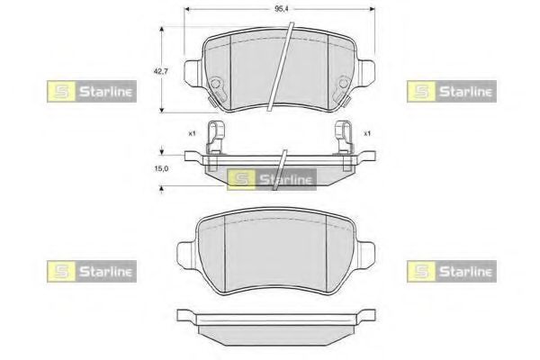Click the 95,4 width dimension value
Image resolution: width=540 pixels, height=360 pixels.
pyautogui.click(x=281, y=9)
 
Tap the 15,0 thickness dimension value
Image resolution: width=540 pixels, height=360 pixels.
pyautogui.click(x=161, y=168)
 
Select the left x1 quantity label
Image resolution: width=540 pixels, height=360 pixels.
pyautogui.click(x=192, y=133)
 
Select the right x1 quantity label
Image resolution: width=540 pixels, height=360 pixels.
pyautogui.click(x=367, y=133)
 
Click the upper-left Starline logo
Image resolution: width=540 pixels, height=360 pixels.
pyautogui.click(x=92, y=91)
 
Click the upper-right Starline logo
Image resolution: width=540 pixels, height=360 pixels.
pyautogui.click(x=452, y=91)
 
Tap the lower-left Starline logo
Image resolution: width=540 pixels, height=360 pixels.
pyautogui.click(x=92, y=272)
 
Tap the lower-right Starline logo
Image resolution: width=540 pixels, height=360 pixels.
pyautogui.click(x=452, y=272)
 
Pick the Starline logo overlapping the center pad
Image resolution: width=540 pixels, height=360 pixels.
pyautogui.click(x=272, y=179)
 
